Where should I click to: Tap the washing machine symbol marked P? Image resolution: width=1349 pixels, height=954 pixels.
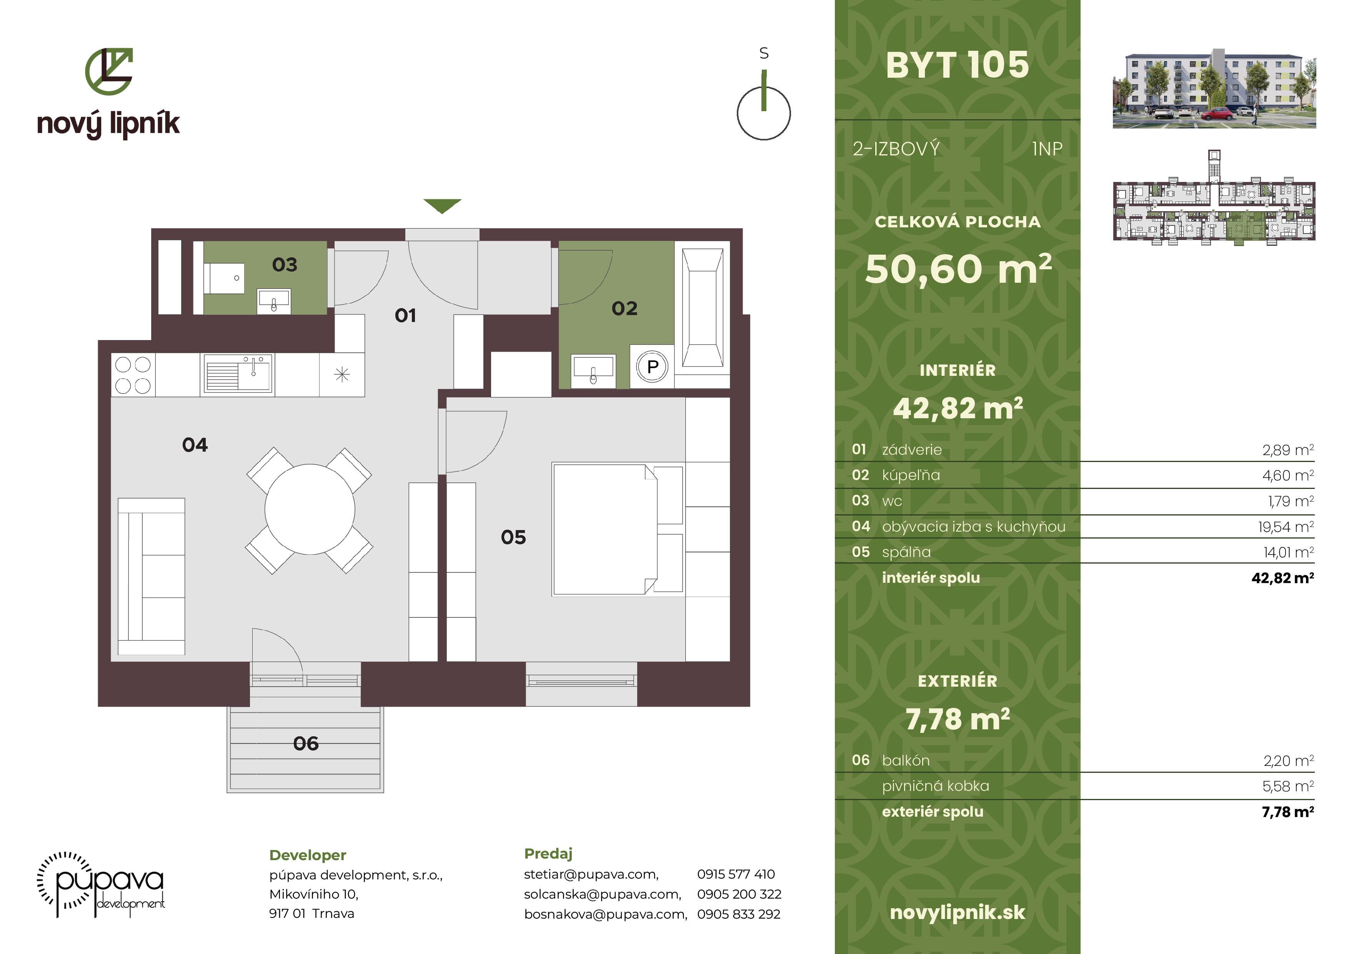point(652,367)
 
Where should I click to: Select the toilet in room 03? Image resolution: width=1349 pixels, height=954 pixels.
point(224,278)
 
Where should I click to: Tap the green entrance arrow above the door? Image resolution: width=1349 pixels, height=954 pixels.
point(442,206)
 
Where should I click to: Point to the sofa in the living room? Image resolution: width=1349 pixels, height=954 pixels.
point(152,576)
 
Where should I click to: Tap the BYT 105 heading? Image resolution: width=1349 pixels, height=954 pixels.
point(957,65)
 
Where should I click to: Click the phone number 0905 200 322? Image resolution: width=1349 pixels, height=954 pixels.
point(739,894)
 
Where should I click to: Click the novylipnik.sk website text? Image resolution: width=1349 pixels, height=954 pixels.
point(957,912)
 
